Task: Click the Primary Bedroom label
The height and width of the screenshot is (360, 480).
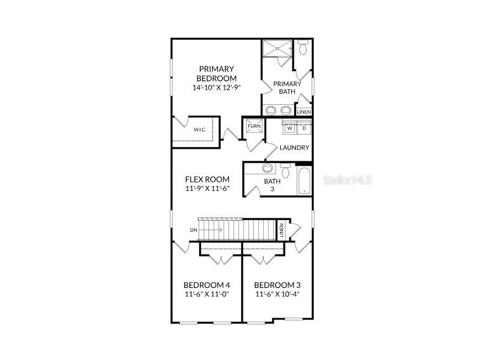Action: point(216,74)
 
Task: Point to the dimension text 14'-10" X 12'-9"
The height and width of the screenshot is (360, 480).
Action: point(216,87)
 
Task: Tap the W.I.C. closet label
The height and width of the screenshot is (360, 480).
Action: point(200,129)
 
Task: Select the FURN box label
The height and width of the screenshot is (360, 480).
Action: point(254,126)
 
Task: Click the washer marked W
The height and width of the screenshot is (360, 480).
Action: point(290,128)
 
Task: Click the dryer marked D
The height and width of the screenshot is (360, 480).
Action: point(304,128)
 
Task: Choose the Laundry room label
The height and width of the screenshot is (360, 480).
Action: point(294,147)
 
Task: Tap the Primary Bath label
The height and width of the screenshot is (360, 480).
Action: point(287,87)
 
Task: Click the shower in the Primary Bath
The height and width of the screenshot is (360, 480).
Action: point(276,49)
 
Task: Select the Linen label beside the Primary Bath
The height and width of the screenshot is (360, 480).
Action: point(304,112)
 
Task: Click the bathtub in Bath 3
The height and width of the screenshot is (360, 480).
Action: point(305,180)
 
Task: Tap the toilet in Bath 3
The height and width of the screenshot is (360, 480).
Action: point(285,171)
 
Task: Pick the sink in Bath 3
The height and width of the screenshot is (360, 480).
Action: point(267,169)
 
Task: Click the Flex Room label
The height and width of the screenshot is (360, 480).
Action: point(207,179)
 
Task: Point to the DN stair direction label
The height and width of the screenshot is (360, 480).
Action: point(193,230)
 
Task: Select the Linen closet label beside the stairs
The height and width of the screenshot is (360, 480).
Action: point(281,230)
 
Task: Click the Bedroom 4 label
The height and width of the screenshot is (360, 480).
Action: point(206,285)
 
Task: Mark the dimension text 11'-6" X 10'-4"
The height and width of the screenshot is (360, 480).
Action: point(277,294)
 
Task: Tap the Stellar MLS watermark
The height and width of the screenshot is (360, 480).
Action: point(347,180)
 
